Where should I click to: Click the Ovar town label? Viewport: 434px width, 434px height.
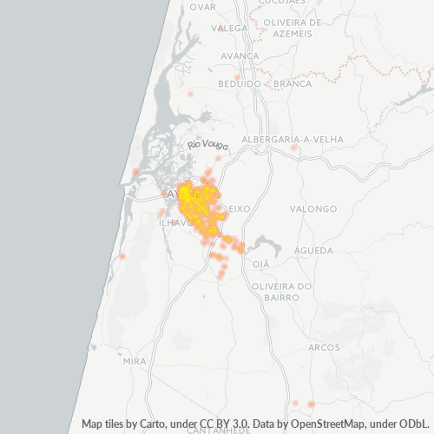click(202, 6)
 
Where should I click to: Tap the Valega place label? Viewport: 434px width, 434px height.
click(233, 28)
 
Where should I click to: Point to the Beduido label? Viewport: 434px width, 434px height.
click(240, 83)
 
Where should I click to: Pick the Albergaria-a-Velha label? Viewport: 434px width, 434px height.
click(293, 139)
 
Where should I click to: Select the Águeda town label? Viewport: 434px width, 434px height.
click(314, 250)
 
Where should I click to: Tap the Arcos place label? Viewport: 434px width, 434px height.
click(324, 347)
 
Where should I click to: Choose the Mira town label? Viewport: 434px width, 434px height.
click(135, 360)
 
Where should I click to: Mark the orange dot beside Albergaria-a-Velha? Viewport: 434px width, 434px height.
click(294, 148)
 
